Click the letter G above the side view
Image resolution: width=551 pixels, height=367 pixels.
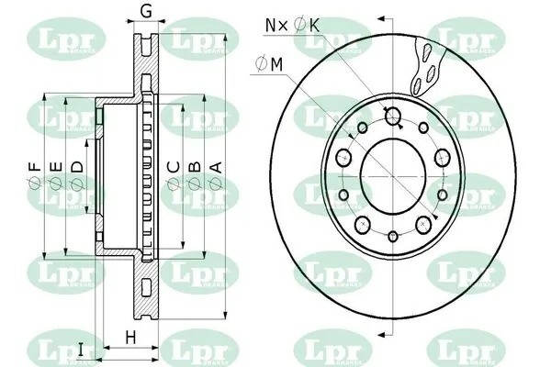pyautogui.click(x=145, y=12)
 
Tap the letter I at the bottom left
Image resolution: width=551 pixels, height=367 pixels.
pyautogui.click(x=81, y=348)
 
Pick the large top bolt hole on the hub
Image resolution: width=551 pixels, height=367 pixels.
pyautogui.click(x=393, y=116)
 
